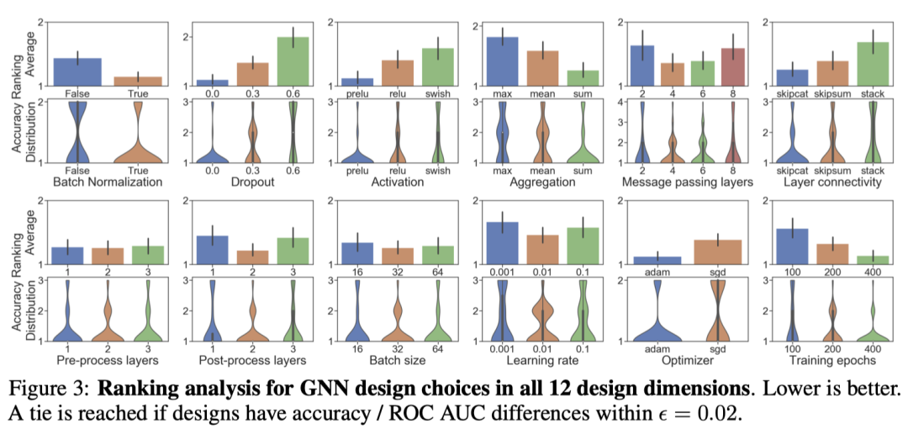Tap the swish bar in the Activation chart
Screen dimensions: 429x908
[x=437, y=66]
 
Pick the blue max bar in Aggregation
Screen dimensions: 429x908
[x=502, y=61]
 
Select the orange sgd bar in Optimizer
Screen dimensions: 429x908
[x=717, y=252]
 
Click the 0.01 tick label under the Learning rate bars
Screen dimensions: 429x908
[x=542, y=272]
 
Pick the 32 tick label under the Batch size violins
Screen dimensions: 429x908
[x=398, y=348]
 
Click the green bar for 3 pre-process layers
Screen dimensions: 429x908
[x=148, y=255]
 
